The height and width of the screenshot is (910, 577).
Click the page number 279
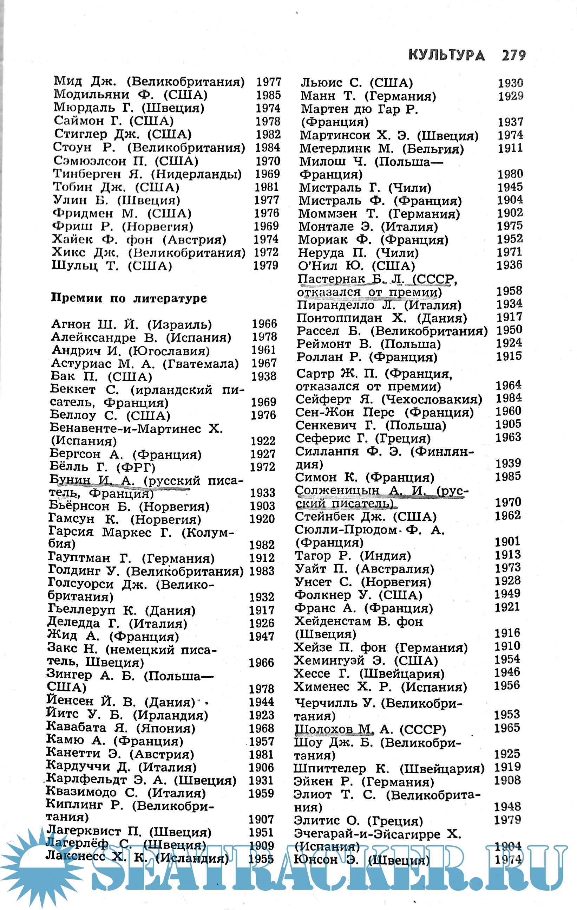click(x=513, y=56)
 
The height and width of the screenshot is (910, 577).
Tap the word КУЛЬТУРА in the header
click(x=447, y=56)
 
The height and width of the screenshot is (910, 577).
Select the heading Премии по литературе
click(x=129, y=298)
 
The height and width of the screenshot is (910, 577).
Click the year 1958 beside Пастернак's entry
click(x=509, y=291)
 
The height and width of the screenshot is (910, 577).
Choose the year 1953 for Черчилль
click(x=507, y=715)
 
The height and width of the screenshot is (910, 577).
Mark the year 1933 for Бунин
click(x=262, y=493)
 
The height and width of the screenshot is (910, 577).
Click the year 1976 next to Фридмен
click(x=267, y=213)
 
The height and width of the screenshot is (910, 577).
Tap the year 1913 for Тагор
click(x=508, y=555)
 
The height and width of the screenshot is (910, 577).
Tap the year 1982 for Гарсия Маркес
click(x=262, y=545)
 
